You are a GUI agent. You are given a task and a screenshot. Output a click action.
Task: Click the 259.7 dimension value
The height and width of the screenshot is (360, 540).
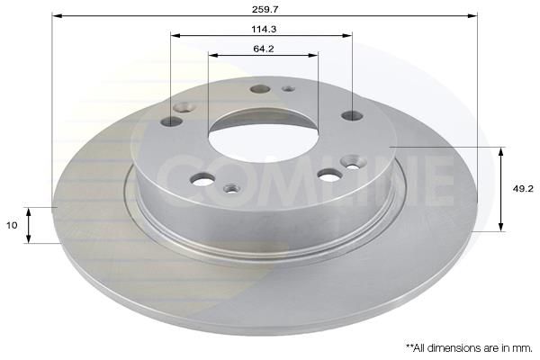(265, 9)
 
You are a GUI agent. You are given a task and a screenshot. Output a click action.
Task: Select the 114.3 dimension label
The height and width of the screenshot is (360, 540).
(264, 30)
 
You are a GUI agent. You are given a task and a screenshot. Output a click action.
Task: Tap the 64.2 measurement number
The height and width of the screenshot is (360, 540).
(264, 49)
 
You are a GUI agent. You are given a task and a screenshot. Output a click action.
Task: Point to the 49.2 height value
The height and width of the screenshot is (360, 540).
(523, 188)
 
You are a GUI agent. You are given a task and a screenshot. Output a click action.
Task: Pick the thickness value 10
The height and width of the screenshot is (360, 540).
(12, 225)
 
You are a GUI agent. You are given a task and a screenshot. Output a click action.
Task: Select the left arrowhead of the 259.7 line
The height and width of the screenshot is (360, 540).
(57, 15)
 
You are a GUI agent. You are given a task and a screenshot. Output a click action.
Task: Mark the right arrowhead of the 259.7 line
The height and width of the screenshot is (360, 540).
(472, 15)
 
